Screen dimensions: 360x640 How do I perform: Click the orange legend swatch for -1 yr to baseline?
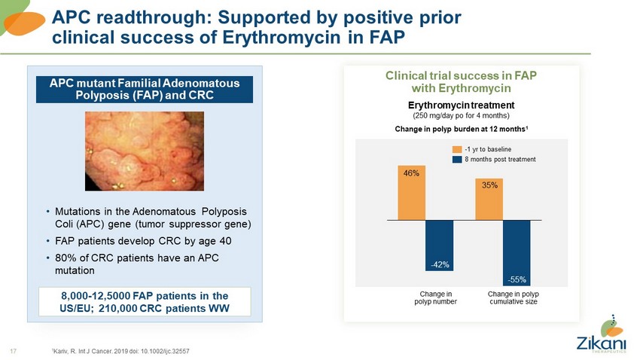tap(456, 148)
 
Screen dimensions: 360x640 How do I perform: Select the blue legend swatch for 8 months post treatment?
tap(456, 159)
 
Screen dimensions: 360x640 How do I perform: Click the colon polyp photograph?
tap(143, 151)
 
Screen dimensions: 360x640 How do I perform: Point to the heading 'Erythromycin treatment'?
tap(461, 105)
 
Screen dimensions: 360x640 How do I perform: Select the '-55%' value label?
tap(517, 279)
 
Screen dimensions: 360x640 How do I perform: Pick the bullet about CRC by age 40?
tap(142, 241)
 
